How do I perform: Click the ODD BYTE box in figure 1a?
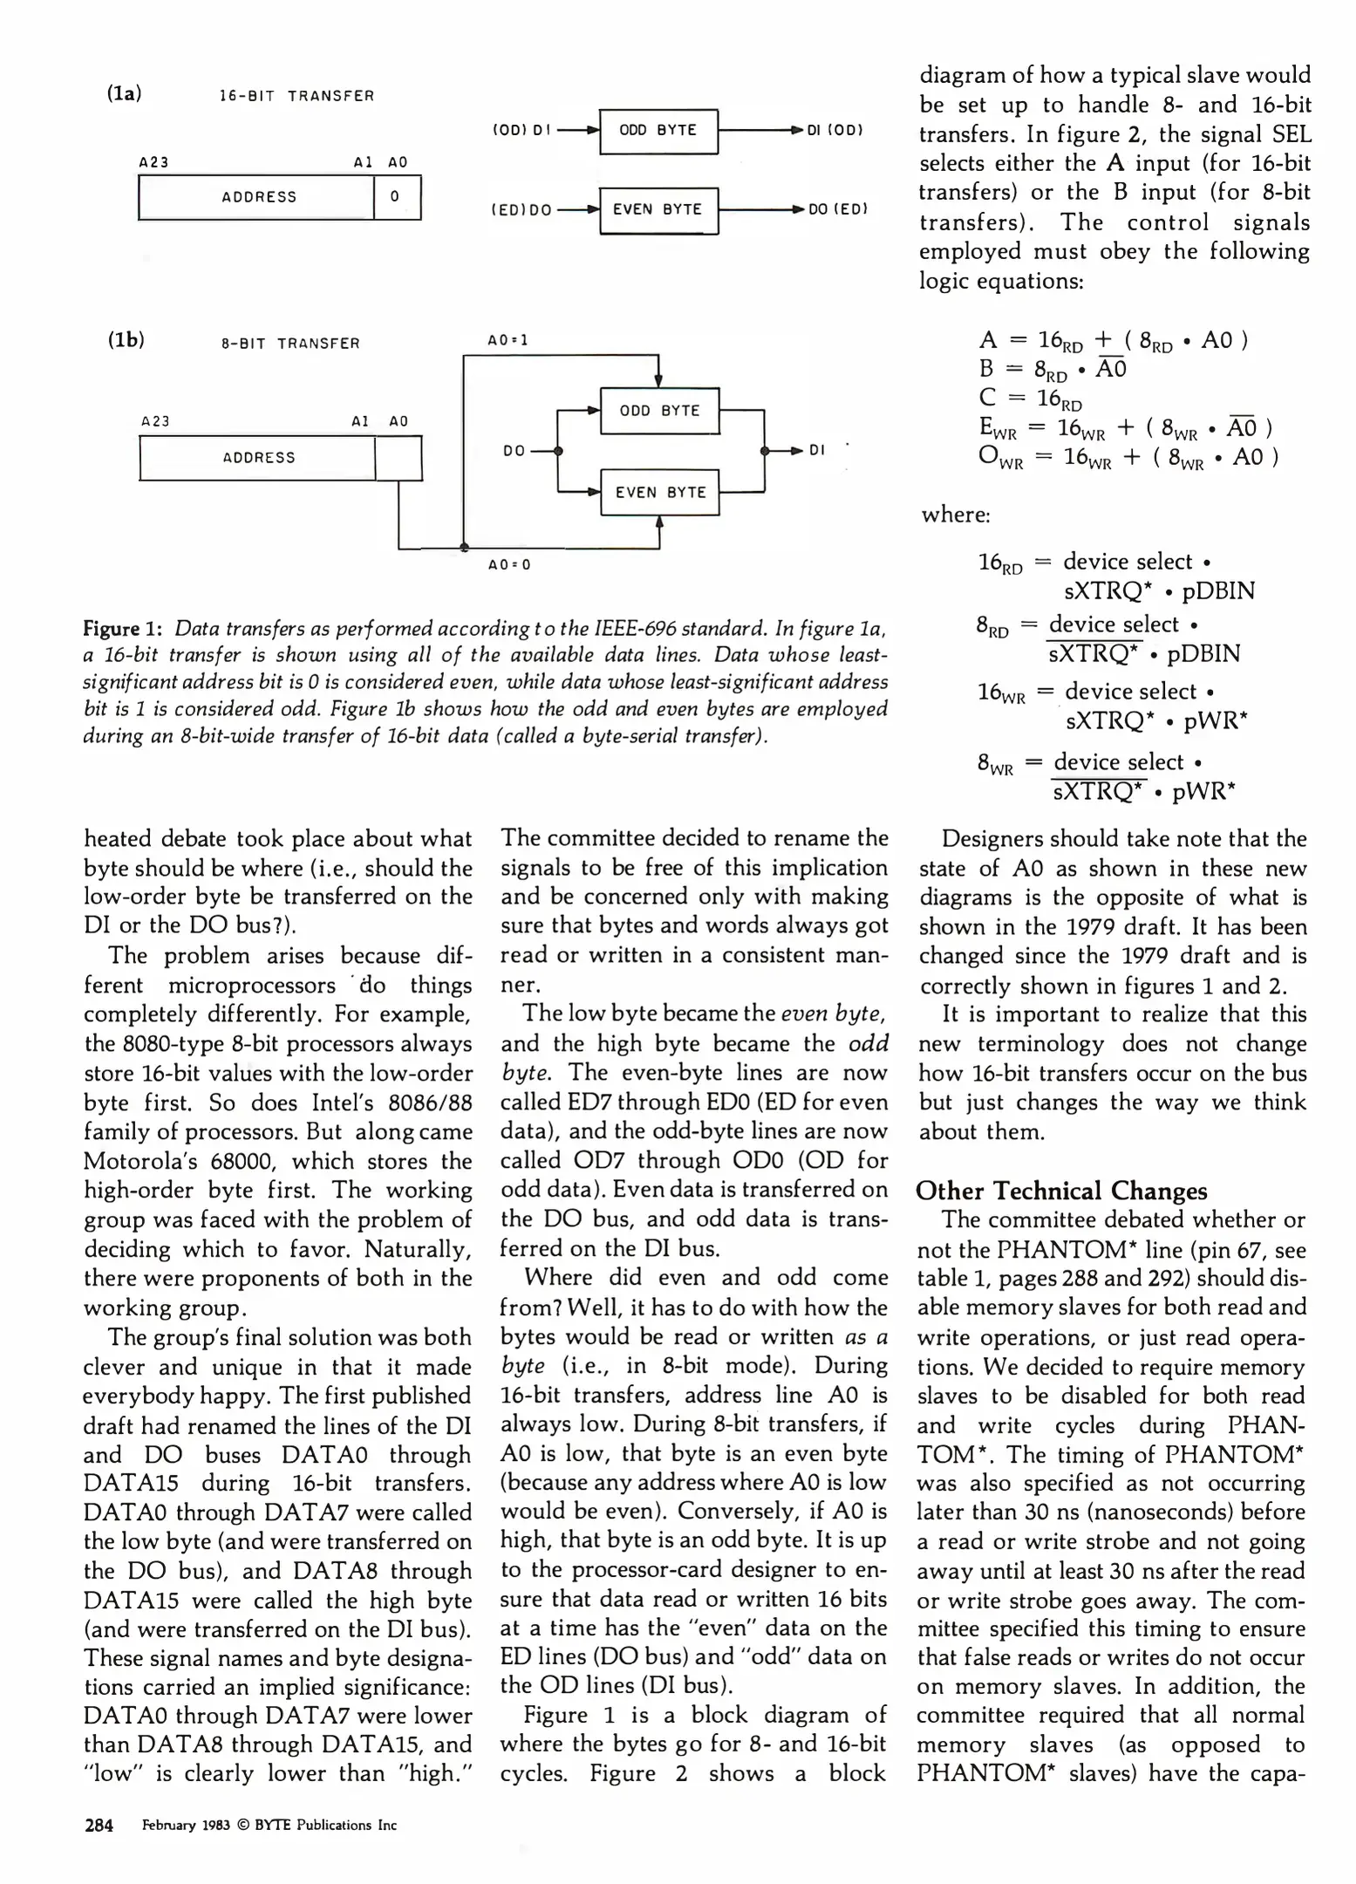point(658,131)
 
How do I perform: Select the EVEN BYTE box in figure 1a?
point(658,209)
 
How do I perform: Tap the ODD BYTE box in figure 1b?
point(659,411)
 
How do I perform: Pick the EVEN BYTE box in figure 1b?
point(660,493)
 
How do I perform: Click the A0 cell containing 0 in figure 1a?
point(396,197)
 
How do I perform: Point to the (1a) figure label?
point(124,93)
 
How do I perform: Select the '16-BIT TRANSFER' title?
point(296,96)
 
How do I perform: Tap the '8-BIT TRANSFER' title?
point(290,344)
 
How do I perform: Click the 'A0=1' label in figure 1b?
point(508,340)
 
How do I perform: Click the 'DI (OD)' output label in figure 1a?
point(835,131)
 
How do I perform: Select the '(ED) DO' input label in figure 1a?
point(521,210)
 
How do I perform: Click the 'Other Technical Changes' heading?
point(1061,1191)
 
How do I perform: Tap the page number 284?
point(99,1825)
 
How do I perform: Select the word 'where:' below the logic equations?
point(956,515)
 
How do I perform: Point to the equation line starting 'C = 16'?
point(1030,399)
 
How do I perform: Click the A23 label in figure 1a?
point(153,162)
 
